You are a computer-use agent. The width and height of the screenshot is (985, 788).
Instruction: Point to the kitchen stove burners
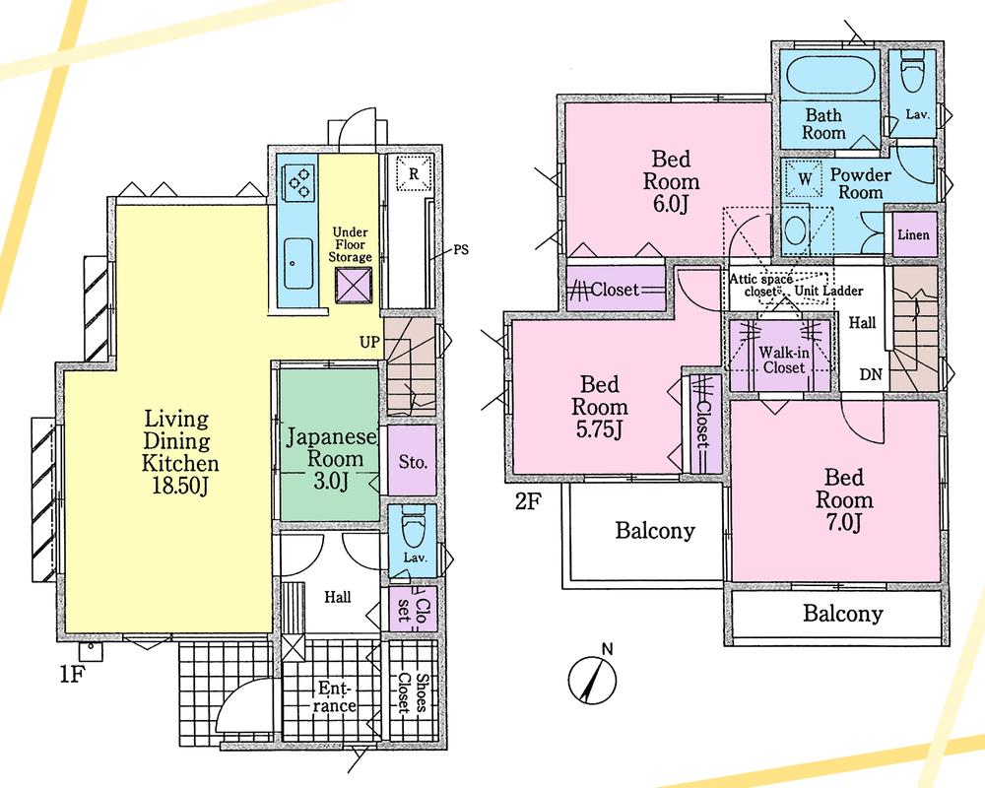pos(297,181)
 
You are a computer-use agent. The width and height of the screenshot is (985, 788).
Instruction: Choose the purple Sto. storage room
pos(412,460)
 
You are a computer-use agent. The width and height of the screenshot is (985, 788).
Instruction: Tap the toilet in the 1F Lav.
pos(412,535)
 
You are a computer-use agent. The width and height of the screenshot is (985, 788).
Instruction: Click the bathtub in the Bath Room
pos(825,76)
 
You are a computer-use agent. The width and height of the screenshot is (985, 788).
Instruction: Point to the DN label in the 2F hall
pos(871,374)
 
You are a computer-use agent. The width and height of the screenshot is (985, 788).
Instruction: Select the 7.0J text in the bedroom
pos(843,522)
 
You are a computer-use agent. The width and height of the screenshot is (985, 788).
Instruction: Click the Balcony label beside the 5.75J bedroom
pos(655,532)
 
